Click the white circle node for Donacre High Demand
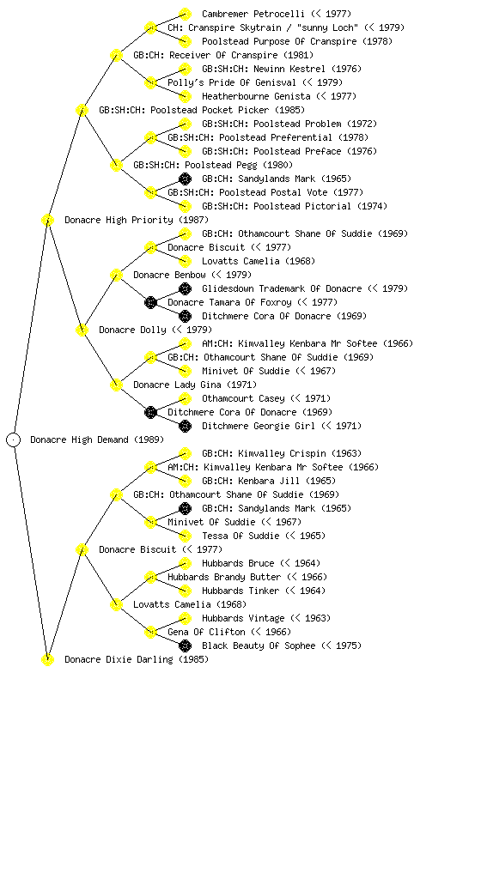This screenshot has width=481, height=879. pos(14,440)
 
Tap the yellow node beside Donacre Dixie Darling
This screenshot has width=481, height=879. pos(47,660)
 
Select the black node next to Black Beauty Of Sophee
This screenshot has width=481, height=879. pos(185,646)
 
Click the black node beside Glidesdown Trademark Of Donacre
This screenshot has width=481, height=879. pos(185,288)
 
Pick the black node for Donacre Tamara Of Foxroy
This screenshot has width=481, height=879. pos(150,303)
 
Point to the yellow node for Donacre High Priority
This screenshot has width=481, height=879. pos(47,221)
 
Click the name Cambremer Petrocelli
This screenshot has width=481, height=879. pos(253,14)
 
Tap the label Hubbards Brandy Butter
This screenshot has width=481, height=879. pos(224,577)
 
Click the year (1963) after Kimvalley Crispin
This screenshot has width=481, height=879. pos(347,453)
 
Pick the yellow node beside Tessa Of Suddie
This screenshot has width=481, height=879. pos(185,536)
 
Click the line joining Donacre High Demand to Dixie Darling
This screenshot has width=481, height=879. pos(31,550)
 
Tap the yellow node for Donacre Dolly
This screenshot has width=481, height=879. pos(82,330)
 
